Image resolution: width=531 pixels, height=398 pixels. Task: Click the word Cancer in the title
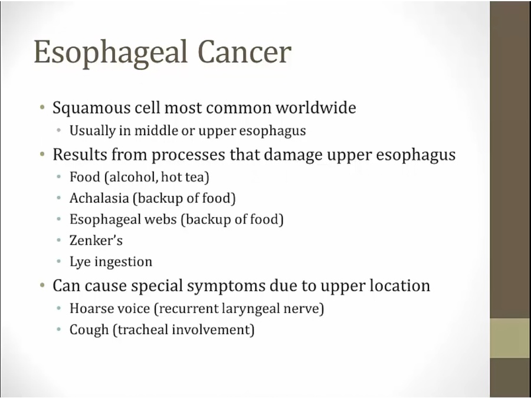coord(244,52)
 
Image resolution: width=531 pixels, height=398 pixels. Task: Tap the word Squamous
coord(91,108)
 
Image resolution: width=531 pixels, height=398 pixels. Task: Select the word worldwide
coord(316,108)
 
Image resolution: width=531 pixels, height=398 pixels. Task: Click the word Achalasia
coord(99,198)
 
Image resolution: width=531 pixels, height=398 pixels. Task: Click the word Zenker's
coord(96,241)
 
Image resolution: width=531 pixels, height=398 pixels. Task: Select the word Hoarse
coord(90,308)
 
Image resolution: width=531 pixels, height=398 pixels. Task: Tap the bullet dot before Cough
coord(59,329)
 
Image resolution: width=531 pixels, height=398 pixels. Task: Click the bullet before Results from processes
coord(42,154)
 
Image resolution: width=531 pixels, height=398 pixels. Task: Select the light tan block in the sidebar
coord(510,338)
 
